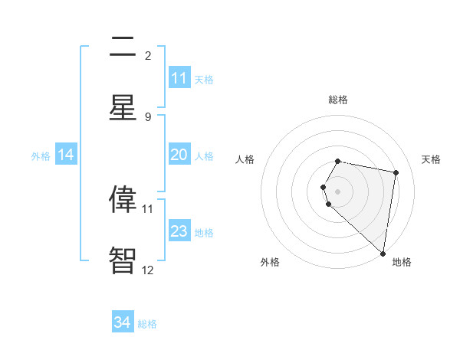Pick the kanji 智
pos(123,260)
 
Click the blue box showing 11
pos(179,78)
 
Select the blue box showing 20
pos(179,155)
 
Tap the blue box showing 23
pos(179,231)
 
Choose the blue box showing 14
pos(66,155)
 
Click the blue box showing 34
pos(123,322)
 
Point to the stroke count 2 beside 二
pos(148,55)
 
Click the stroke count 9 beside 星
pos(148,116)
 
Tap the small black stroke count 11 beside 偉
pos(148,208)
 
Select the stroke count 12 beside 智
pos(148,270)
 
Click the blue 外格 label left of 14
pos(41,155)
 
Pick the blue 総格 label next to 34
pos(147,323)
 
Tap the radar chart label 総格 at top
pos(338,100)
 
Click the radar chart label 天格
pos(432,159)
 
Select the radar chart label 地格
pos(402,262)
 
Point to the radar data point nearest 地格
pos(383,253)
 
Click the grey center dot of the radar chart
pos(338,190)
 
